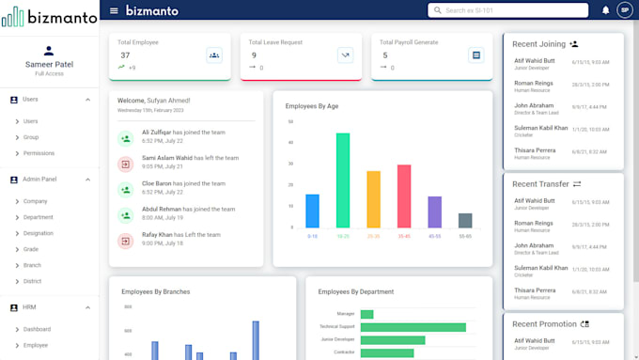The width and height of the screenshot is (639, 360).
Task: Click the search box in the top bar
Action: click(507, 10)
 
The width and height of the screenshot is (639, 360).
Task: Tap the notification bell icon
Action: click(606, 10)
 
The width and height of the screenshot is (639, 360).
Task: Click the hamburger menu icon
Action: click(114, 10)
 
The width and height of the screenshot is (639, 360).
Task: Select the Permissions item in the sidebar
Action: click(39, 153)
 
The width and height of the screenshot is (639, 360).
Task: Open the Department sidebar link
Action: click(39, 217)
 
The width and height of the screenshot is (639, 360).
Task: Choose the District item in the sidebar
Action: click(33, 281)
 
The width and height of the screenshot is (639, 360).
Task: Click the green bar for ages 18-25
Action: click(343, 180)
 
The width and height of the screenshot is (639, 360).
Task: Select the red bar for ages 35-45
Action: click(404, 196)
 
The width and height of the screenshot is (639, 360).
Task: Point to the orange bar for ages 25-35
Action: click(374, 199)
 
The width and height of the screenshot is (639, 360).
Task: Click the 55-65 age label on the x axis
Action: click(465, 236)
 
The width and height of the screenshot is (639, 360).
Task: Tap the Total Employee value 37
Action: click(125, 55)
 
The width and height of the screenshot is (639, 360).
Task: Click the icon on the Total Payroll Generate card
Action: click(476, 55)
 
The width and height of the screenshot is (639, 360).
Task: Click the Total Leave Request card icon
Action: click(345, 55)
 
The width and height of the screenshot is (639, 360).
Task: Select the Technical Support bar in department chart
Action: click(413, 327)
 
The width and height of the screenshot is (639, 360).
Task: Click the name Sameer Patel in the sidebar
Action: click(49, 65)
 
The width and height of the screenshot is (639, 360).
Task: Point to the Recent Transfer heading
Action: click(540, 184)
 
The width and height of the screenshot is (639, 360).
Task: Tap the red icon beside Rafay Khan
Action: click(125, 241)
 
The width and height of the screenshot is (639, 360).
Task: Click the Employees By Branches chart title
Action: click(156, 291)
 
